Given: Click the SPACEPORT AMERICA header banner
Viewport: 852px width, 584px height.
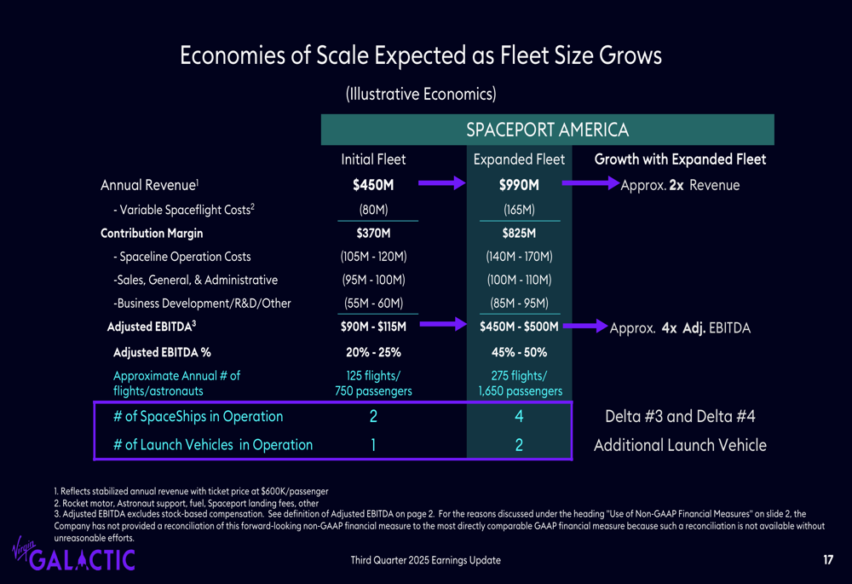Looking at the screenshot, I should (x=547, y=130).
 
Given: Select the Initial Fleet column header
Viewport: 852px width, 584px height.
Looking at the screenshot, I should (x=373, y=159).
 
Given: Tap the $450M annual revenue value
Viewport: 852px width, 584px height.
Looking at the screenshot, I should (x=373, y=185).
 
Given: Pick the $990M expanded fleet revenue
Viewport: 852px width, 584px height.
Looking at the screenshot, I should (x=518, y=185).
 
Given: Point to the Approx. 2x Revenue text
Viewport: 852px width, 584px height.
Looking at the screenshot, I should (x=680, y=185).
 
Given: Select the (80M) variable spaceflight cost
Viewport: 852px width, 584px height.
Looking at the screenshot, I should (x=373, y=210).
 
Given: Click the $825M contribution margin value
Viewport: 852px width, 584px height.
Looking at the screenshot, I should (x=518, y=234).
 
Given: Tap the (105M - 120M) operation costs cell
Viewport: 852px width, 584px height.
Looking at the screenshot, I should (x=373, y=257).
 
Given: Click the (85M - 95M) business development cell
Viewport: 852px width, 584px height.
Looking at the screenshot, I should (x=518, y=303).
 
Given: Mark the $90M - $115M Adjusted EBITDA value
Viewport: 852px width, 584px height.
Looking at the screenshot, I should (x=373, y=327).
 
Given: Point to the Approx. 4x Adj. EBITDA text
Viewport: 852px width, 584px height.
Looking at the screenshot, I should (x=680, y=327).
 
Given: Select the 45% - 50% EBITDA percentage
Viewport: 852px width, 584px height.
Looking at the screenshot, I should (x=518, y=352).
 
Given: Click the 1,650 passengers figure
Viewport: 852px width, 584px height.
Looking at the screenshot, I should (x=520, y=391).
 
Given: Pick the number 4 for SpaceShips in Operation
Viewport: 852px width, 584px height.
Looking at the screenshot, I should (x=518, y=417).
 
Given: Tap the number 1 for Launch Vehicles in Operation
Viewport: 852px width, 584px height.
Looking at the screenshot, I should (x=373, y=445).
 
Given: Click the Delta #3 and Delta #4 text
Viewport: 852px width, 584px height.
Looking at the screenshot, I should (x=680, y=417).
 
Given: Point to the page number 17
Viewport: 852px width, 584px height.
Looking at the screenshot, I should (x=828, y=560).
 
